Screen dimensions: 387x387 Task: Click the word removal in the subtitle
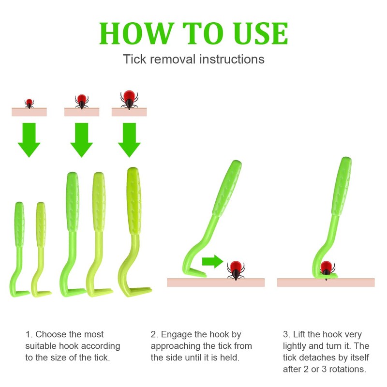pos(173,59)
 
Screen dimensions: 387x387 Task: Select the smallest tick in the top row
pos(29,104)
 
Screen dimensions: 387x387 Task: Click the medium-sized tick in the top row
pos(82,102)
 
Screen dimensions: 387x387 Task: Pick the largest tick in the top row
pos(129,100)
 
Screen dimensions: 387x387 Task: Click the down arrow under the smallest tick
pos(29,140)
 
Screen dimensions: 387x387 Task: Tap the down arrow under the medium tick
pos(82,140)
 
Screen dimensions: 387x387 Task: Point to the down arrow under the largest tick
pos(129,140)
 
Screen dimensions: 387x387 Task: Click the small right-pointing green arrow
pos(212,261)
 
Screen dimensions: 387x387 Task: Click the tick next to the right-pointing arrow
pos(236,270)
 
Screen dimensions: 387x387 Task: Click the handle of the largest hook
pos(134,201)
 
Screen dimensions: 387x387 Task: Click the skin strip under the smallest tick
pos(29,112)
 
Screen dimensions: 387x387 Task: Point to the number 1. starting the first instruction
pos(29,334)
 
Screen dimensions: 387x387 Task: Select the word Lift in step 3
pos(299,334)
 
